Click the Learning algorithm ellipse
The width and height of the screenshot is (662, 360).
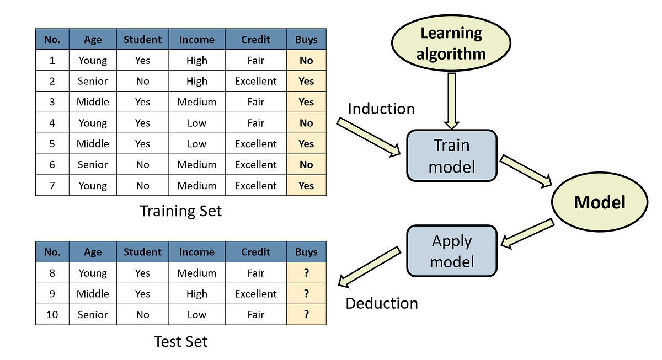(x=451, y=44)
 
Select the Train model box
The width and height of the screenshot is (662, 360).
(x=451, y=155)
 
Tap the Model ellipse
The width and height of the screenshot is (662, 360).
(x=599, y=202)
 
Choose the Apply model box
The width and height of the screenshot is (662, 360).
(x=451, y=251)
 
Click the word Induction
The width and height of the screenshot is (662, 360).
(x=381, y=109)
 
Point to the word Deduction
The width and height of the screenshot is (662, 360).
(x=382, y=303)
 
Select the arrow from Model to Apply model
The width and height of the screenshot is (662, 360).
(x=528, y=232)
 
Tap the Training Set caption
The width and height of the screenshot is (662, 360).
(x=180, y=211)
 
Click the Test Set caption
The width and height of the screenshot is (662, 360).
(x=180, y=342)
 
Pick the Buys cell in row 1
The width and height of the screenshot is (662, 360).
(x=306, y=61)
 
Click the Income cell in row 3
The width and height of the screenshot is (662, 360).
(x=196, y=102)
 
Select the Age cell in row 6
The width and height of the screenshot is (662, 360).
(x=93, y=165)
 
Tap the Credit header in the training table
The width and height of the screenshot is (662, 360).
(x=255, y=40)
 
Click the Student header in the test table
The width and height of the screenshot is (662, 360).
(x=142, y=252)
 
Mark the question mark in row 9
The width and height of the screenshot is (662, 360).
(x=306, y=294)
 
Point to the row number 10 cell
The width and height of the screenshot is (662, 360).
(x=52, y=315)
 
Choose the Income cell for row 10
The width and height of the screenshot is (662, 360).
(x=196, y=315)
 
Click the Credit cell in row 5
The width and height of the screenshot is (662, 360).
(x=255, y=144)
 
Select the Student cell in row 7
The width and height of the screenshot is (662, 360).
(x=142, y=186)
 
